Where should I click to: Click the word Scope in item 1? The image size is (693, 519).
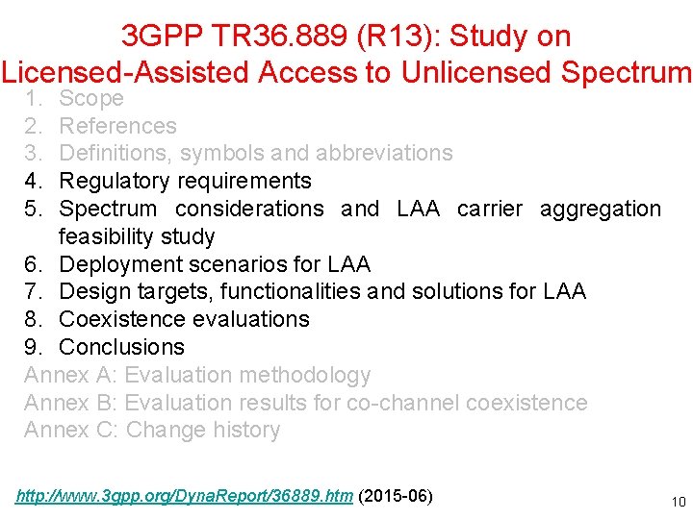pyautogui.click(x=91, y=98)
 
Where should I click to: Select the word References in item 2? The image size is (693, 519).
pyautogui.click(x=117, y=126)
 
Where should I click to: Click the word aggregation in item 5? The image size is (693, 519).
pyautogui.click(x=601, y=210)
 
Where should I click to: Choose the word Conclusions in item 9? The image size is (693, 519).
pyautogui.click(x=121, y=347)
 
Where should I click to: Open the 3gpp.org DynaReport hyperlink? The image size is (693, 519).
pyautogui.click(x=184, y=497)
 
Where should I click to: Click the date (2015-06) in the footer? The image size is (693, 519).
pyautogui.click(x=396, y=497)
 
